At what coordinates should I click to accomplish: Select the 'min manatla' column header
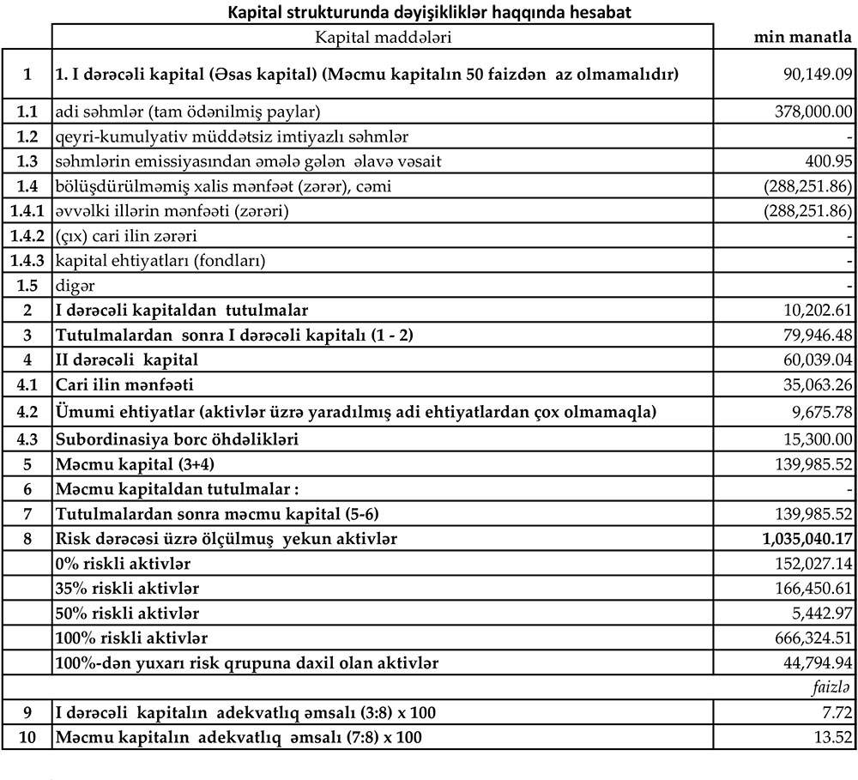[x=802, y=37]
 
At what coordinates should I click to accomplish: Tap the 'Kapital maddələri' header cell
[x=383, y=37]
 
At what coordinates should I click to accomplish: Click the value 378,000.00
[x=811, y=111]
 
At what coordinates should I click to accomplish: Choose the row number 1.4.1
[x=27, y=210]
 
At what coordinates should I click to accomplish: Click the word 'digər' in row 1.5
[x=75, y=285]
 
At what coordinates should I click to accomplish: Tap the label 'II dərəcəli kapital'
[x=126, y=360]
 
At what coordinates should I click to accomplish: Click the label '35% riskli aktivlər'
[x=122, y=589]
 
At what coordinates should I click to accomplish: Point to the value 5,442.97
[x=820, y=614]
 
